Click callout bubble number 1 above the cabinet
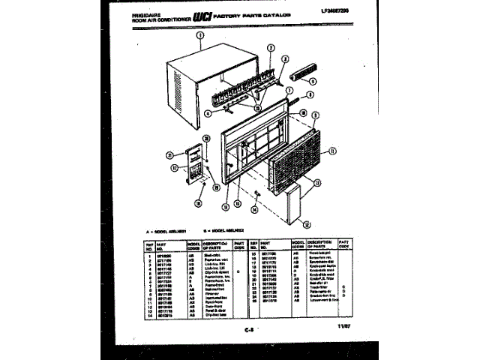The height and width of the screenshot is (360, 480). pos(200,35)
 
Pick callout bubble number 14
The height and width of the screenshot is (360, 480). pos(255,211)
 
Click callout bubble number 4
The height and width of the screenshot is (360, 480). pos(208,114)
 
